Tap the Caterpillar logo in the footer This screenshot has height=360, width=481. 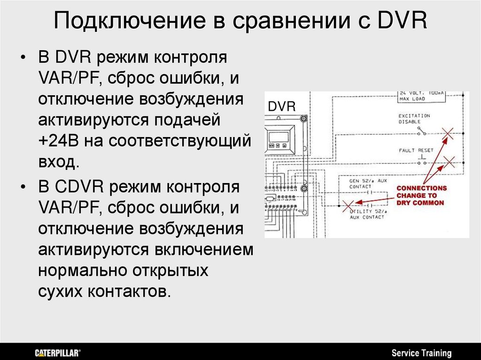point(58,352)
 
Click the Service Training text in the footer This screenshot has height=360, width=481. point(421,353)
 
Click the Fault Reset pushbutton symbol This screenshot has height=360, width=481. point(421,162)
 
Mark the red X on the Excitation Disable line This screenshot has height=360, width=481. point(448,134)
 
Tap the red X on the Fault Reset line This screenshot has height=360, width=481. point(450,163)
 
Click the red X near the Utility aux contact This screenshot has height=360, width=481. point(348,205)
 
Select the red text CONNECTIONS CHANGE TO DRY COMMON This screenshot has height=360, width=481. point(421,195)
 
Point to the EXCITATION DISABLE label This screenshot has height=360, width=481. point(414,118)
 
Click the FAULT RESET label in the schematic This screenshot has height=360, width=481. point(416,150)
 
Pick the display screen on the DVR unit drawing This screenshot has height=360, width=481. point(279,137)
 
